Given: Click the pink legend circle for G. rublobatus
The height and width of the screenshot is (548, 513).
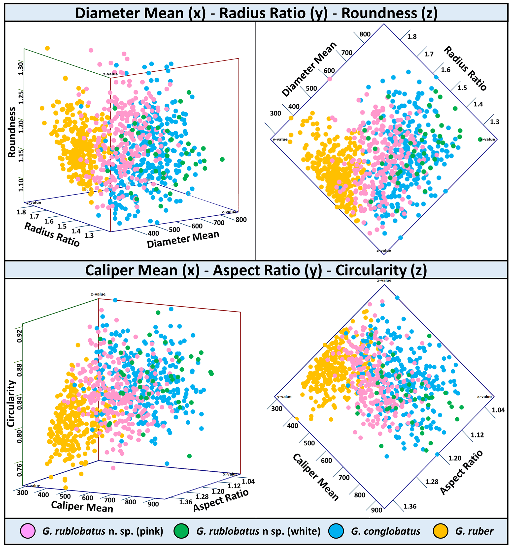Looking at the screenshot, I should coord(28,531).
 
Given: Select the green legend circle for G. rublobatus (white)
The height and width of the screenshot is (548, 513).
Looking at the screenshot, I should coord(181,531).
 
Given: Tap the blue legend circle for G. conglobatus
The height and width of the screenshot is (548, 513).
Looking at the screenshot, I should coord(336,531).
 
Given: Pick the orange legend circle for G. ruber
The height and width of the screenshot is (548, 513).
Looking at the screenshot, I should coord(441,531).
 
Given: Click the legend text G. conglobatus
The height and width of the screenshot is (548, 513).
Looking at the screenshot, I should coord(385,531).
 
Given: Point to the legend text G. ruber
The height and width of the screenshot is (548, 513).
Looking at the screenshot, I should coord(474,531).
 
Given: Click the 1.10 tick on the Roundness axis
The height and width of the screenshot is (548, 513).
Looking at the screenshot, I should coord(21,185).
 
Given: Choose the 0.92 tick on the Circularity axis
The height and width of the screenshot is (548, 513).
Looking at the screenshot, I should coord(19,336).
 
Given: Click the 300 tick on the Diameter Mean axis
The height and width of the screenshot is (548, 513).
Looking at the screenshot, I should coord(275,113).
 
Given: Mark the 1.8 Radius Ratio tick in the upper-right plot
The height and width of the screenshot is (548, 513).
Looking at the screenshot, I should coord(412,37).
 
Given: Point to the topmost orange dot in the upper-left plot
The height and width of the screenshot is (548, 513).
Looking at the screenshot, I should coord(47,49).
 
